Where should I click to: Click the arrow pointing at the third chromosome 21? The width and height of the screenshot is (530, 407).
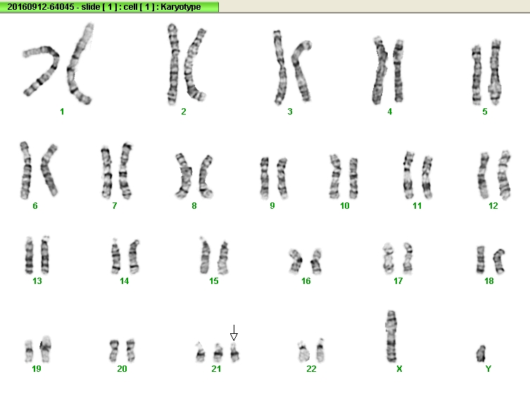(x=234, y=332)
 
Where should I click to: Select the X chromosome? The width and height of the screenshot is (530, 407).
(x=391, y=336)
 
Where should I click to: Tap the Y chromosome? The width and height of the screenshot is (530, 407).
(x=481, y=354)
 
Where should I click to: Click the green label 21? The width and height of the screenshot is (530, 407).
(x=216, y=369)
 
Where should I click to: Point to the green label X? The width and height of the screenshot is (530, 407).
(x=399, y=369)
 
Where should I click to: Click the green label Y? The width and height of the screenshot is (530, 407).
(x=488, y=369)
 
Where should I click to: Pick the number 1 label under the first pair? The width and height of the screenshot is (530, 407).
(x=62, y=111)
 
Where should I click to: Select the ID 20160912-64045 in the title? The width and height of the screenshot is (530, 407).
(x=41, y=7)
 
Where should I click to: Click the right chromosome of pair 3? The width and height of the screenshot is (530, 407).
(x=301, y=72)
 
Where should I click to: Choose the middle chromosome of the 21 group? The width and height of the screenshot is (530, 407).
(x=218, y=353)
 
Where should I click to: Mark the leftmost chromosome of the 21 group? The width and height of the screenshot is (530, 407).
(x=200, y=352)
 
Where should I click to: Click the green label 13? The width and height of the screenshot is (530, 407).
(x=37, y=280)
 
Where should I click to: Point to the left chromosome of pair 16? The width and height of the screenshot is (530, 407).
(x=296, y=261)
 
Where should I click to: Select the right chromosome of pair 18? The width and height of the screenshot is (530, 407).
(x=498, y=261)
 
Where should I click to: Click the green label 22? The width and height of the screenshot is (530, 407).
(x=311, y=369)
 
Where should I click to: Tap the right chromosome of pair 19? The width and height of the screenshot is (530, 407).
(x=45, y=349)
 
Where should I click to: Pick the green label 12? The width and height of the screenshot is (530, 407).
(x=493, y=206)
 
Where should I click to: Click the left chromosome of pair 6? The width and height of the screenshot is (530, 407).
(x=25, y=170)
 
